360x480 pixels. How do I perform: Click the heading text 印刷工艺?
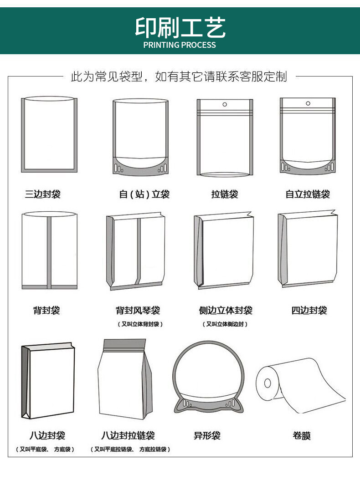pyautogui.click(x=180, y=27)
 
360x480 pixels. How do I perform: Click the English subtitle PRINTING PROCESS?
pyautogui.click(x=180, y=45)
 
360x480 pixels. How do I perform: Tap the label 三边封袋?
pyautogui.click(x=43, y=194)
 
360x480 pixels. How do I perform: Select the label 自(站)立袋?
pyautogui.click(x=144, y=194)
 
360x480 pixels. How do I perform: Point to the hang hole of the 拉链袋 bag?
pyautogui.click(x=225, y=104)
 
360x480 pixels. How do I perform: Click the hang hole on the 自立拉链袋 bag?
pyautogui.click(x=308, y=103)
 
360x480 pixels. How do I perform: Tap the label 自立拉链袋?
pyautogui.click(x=308, y=194)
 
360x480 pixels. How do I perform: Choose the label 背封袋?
pyautogui.click(x=46, y=311)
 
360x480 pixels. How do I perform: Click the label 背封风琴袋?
pyautogui.click(x=138, y=311)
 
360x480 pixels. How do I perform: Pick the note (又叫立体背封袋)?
pyautogui.click(x=140, y=324)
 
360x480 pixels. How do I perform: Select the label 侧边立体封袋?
pyautogui.click(x=226, y=311)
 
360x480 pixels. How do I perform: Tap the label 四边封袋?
pyautogui.click(x=309, y=311)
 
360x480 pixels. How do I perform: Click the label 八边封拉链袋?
pyautogui.click(x=128, y=435)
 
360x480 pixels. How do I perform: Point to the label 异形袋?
pyautogui.click(x=207, y=435)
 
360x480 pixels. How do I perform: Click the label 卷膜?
pyautogui.click(x=302, y=435)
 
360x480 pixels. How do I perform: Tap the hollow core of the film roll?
pyautogui.click(x=267, y=383)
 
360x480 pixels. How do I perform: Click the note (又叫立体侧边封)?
pyautogui.click(x=225, y=324)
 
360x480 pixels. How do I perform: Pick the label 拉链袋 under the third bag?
pyautogui.click(x=225, y=194)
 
